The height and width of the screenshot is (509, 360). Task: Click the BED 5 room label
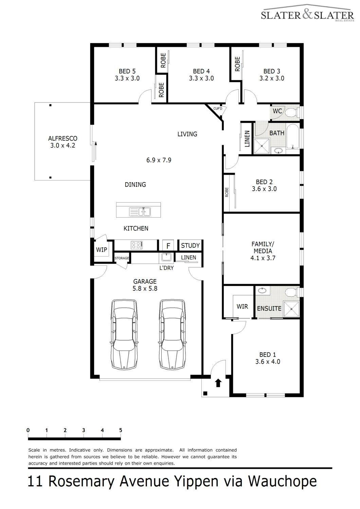click(127, 71)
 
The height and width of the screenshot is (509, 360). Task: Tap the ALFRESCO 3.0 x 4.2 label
click(63, 142)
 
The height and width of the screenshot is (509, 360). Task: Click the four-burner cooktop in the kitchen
click(137, 245)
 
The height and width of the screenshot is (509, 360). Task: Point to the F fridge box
click(168, 246)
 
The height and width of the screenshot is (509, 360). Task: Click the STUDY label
click(190, 245)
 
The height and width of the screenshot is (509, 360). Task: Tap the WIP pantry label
click(102, 250)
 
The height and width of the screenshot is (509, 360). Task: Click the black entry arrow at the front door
click(218, 383)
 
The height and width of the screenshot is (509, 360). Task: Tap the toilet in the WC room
click(292, 112)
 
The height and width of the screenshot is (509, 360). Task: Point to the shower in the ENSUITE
click(291, 309)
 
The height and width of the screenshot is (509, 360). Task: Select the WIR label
click(242, 306)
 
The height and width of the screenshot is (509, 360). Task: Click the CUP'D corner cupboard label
click(218, 109)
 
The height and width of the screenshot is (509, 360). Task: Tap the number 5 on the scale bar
click(121, 430)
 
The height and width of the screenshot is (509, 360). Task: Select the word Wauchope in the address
click(282, 482)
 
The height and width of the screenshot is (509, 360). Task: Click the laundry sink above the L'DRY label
click(166, 257)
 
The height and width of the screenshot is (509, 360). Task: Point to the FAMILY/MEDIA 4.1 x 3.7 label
click(263, 251)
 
